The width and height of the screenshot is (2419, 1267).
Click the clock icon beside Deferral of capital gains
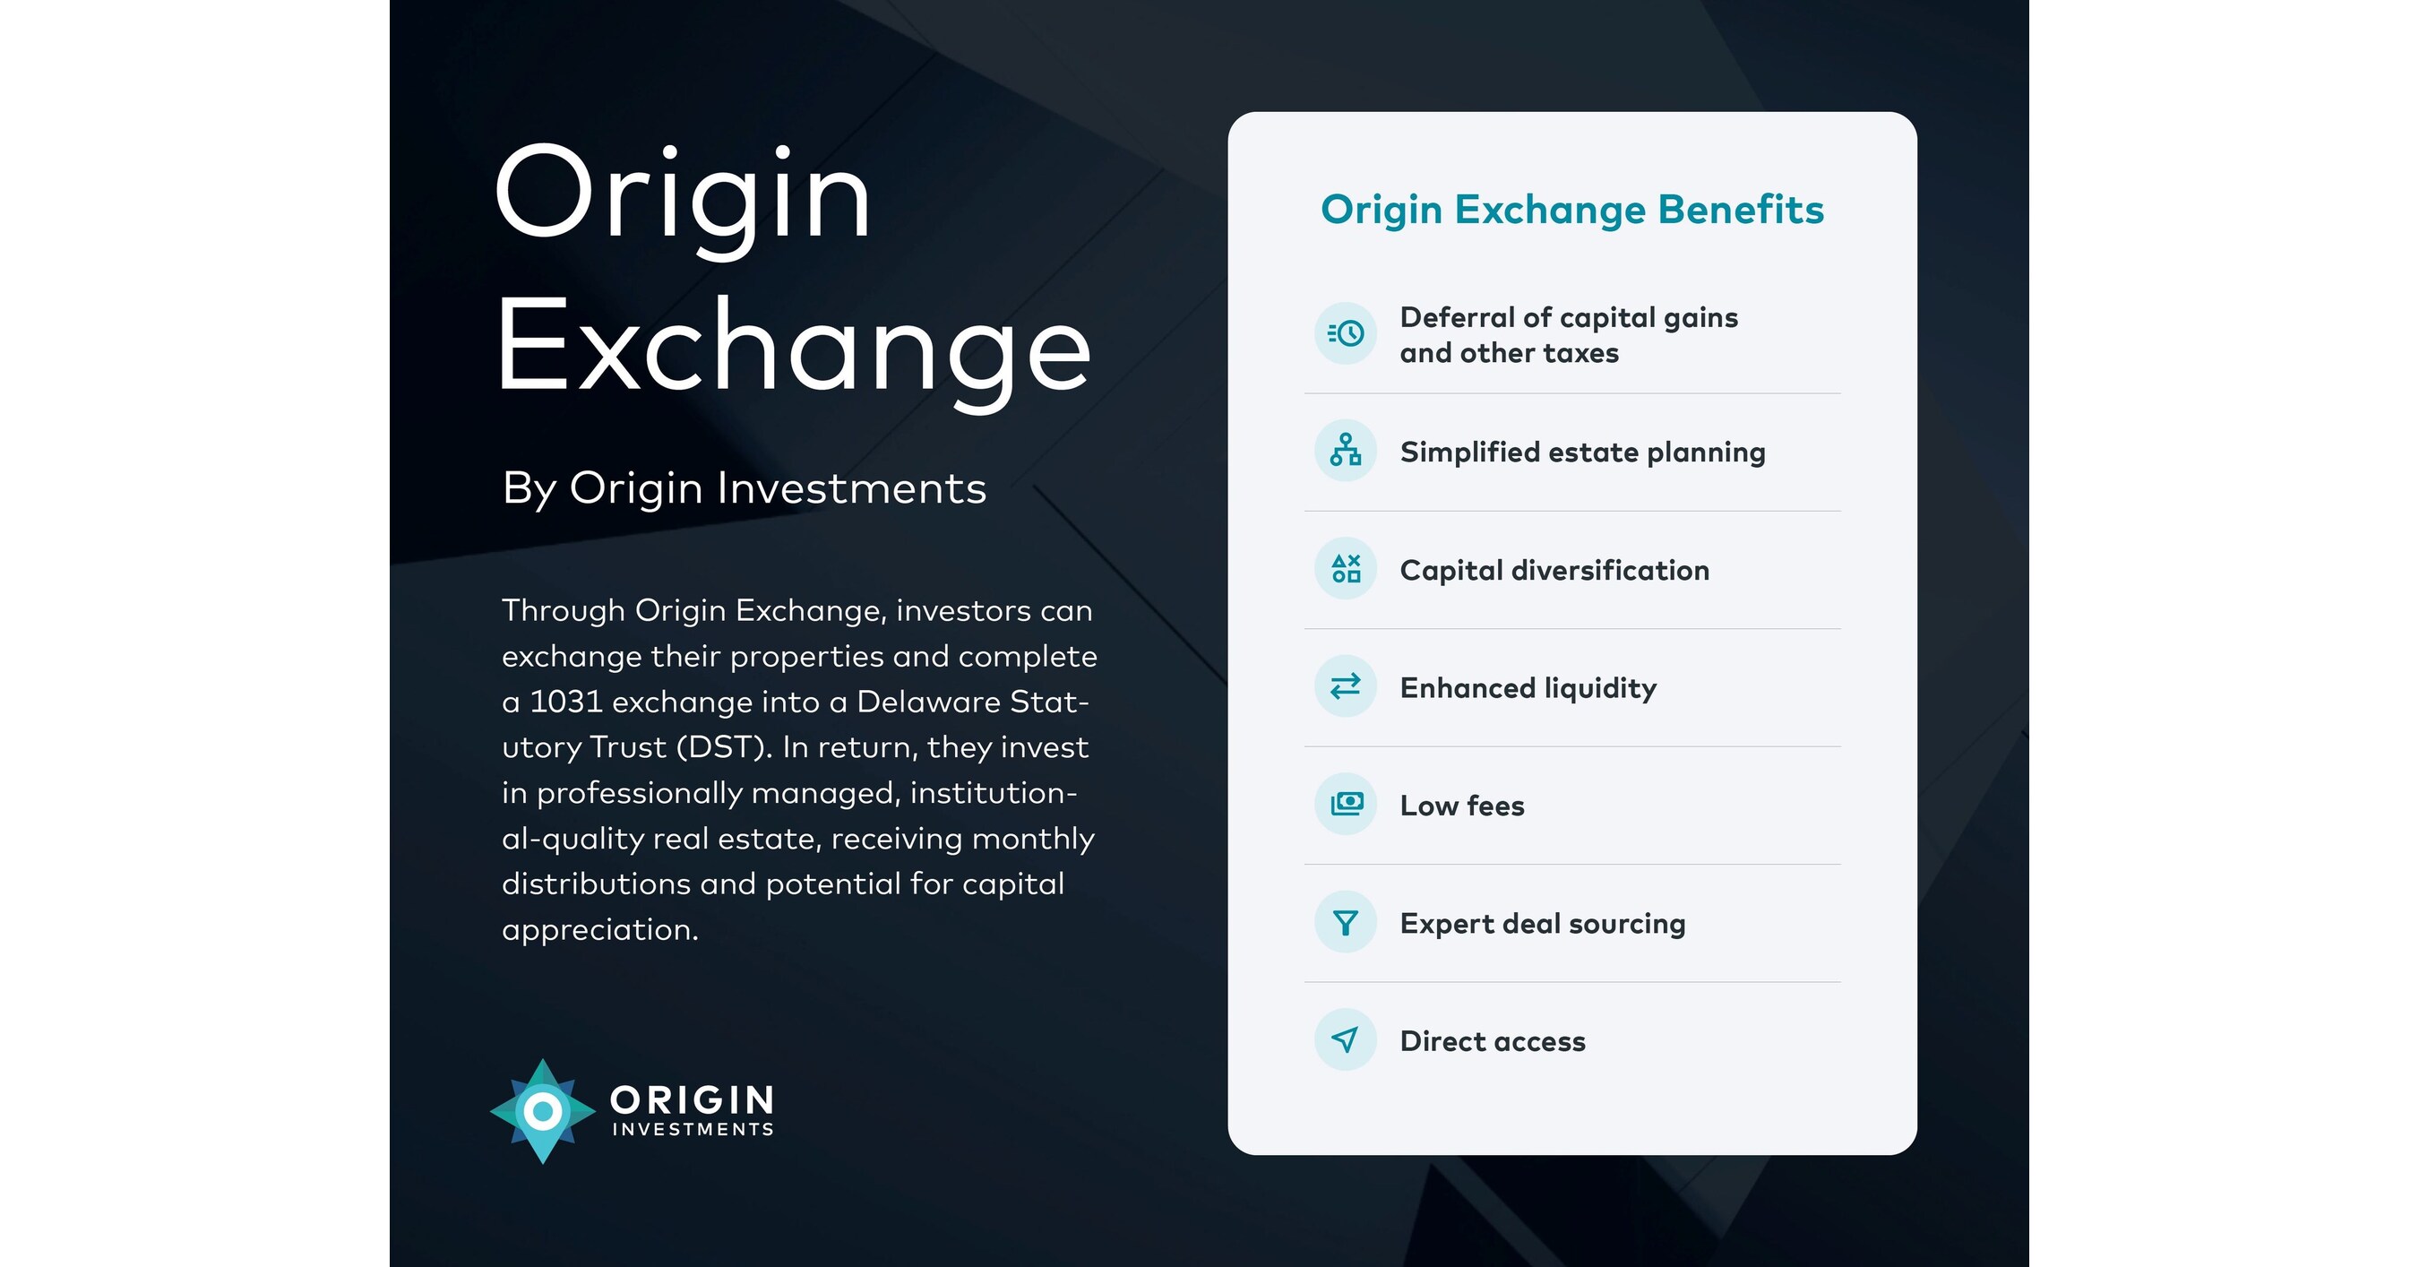pyautogui.click(x=1346, y=333)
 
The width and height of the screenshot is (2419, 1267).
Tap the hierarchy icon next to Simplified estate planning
pyautogui.click(x=1346, y=451)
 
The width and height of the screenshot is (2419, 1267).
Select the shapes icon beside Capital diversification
pyautogui.click(x=1346, y=568)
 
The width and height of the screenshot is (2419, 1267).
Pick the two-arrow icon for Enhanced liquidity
pyautogui.click(x=1346, y=686)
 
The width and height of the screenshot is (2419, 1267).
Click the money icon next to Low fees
pyautogui.click(x=1346, y=804)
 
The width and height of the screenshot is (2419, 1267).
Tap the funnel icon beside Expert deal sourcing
pyautogui.click(x=1346, y=922)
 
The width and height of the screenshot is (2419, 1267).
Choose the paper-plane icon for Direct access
pyautogui.click(x=1346, y=1039)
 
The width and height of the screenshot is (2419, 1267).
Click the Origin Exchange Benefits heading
pyautogui.click(x=1572, y=210)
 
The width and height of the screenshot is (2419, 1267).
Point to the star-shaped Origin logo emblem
pyautogui.click(x=542, y=1111)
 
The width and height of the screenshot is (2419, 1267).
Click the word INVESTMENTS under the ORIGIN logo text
pyautogui.click(x=693, y=1129)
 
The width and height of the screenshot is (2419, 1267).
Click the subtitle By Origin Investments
pyautogui.click(x=744, y=488)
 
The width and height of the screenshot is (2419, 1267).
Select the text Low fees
pyautogui.click(x=1462, y=806)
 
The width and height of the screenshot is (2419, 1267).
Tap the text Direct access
pyautogui.click(x=1492, y=1040)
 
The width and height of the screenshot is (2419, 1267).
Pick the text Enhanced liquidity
pyautogui.click(x=1528, y=688)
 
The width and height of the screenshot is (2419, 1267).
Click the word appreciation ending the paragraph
pyautogui.click(x=599, y=930)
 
